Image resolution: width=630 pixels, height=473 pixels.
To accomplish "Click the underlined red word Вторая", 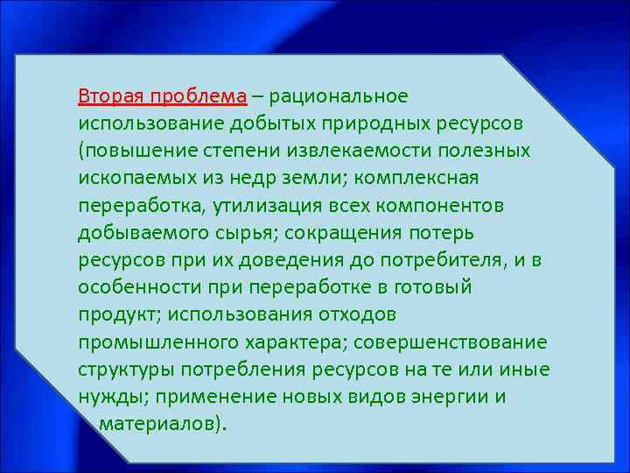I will pos(109,95).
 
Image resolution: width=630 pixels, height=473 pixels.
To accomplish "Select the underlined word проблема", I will pos(198,95).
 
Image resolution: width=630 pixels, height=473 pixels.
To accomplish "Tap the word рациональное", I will pos(344,95).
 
